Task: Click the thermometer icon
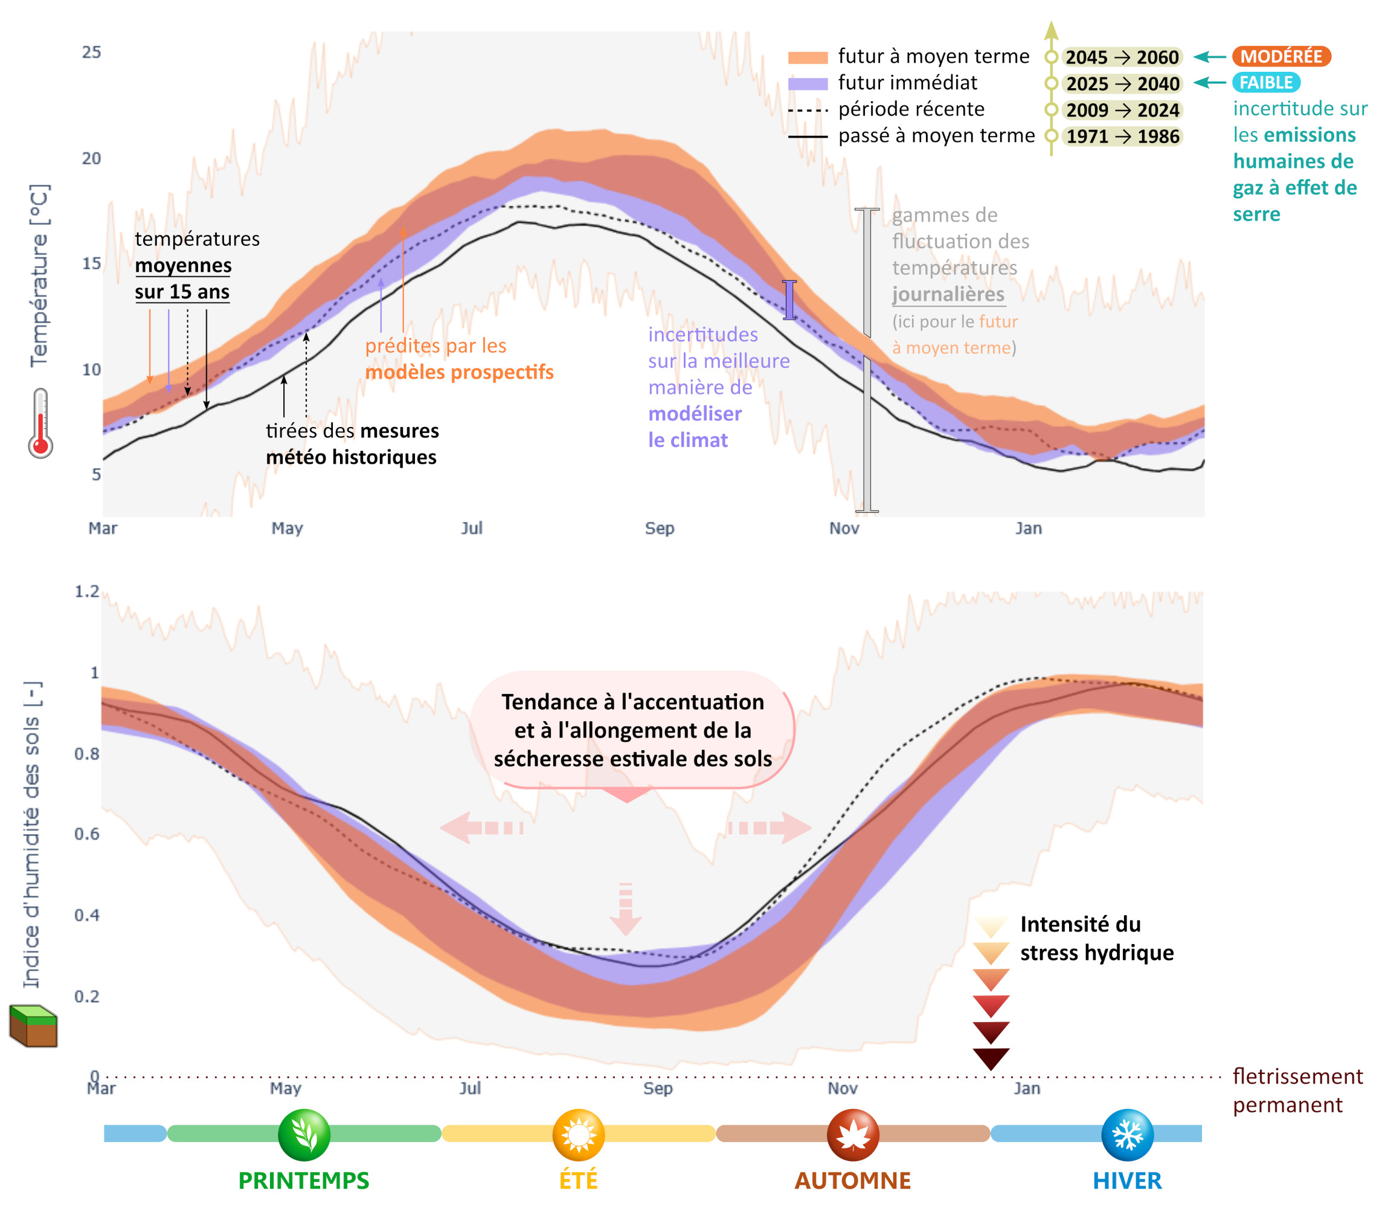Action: click(x=40, y=423)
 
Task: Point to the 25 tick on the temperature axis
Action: click(x=92, y=53)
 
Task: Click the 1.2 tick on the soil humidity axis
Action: click(x=87, y=591)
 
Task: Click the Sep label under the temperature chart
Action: click(x=660, y=528)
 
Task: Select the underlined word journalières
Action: click(x=948, y=295)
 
